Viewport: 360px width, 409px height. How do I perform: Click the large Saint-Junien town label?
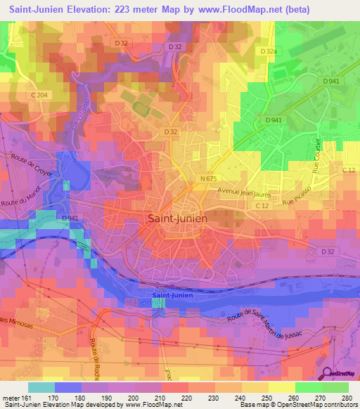178,219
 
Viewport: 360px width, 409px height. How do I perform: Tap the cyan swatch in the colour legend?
41,387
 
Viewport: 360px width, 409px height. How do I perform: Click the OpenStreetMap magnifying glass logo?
328,375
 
